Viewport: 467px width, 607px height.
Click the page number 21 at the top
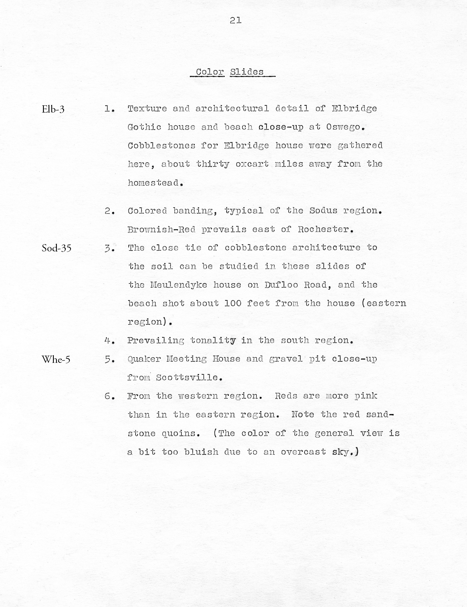tap(235, 20)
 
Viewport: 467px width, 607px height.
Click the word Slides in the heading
tap(247, 72)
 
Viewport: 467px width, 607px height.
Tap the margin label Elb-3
tap(53, 109)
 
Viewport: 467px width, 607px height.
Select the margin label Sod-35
tap(56, 248)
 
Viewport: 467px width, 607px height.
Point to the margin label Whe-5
tap(56, 359)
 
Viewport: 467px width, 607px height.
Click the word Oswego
tap(345, 127)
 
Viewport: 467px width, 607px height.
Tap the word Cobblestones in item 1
tap(161, 146)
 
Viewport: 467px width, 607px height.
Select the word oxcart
tap(252, 164)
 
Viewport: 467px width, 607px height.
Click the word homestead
tap(154, 183)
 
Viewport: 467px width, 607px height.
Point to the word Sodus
tap(323, 211)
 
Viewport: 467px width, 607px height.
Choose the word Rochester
tap(325, 229)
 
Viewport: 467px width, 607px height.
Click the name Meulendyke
tap(179, 285)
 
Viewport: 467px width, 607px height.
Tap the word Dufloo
tap(281, 285)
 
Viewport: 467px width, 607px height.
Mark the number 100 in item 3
tap(233, 303)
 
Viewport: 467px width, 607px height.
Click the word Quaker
tap(144, 359)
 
